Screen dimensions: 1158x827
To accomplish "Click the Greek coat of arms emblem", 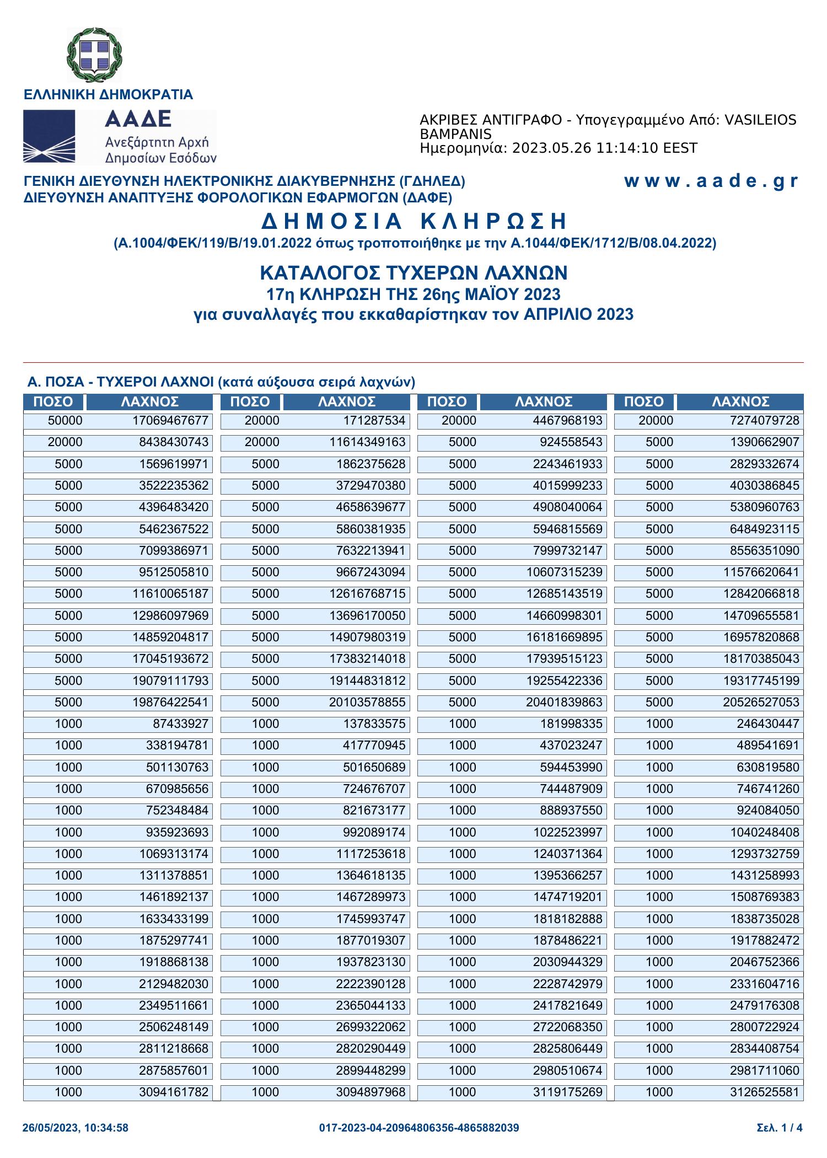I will pos(94,55).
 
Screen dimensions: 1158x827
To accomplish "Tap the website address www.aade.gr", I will pos(711,181).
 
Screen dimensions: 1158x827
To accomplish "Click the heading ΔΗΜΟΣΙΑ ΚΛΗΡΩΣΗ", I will pos(413,221).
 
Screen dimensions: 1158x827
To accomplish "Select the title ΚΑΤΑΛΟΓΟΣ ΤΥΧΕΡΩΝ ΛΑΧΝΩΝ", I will pos(413,272).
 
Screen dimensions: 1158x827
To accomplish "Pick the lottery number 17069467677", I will pos(170,421).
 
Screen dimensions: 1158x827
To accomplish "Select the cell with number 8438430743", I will pos(174,442).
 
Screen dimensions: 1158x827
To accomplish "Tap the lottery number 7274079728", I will pos(764,421).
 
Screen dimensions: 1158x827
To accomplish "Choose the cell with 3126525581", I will pos(764,1092).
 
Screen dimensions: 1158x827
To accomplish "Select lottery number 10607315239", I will pos(565,572).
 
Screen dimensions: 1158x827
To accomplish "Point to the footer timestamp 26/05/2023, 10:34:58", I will pos(76,1128).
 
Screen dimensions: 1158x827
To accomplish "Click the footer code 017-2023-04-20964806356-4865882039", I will pos(419,1128).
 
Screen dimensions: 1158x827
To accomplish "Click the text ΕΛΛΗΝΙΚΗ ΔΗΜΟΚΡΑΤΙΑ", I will pos(108,94).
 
